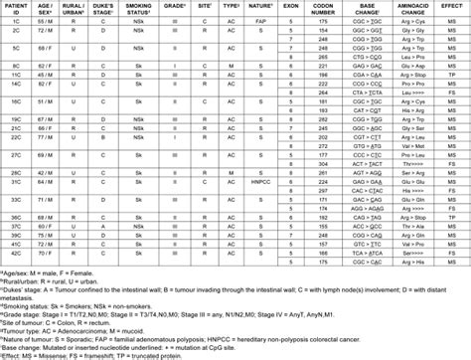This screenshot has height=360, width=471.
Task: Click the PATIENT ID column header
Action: (16, 10)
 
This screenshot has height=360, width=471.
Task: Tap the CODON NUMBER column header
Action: (323, 10)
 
